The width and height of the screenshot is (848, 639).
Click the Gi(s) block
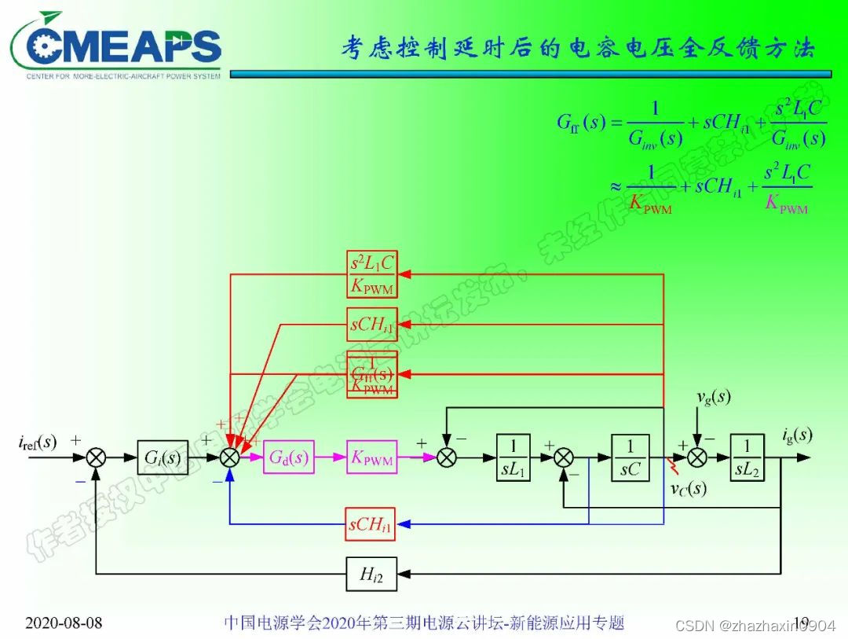pyautogui.click(x=163, y=457)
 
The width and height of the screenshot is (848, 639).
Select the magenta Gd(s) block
pyautogui.click(x=288, y=457)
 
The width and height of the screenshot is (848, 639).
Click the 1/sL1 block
pyautogui.click(x=514, y=457)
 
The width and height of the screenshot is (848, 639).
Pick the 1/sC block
pyautogui.click(x=629, y=457)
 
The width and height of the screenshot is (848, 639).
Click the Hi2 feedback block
pyautogui.click(x=371, y=574)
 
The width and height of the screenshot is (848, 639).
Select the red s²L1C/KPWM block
pyautogui.click(x=371, y=274)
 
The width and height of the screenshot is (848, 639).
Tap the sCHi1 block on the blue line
pyautogui.click(x=371, y=525)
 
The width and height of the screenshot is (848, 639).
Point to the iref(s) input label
pyautogui.click(x=38, y=441)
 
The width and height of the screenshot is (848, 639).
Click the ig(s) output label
pyautogui.click(x=796, y=435)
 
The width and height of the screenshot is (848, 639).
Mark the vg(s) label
pyautogui.click(x=714, y=397)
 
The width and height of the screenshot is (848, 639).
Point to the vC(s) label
pyautogui.click(x=688, y=489)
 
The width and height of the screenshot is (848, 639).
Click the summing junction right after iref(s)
pyautogui.click(x=96, y=457)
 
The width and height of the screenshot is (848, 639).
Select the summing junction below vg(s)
pyautogui.click(x=697, y=457)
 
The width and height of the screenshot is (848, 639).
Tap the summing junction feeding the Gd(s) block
pyautogui.click(x=229, y=457)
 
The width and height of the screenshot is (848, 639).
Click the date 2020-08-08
pyautogui.click(x=64, y=623)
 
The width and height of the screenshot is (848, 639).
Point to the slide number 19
pyautogui.click(x=801, y=623)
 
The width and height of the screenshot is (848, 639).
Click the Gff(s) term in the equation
pyautogui.click(x=581, y=123)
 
